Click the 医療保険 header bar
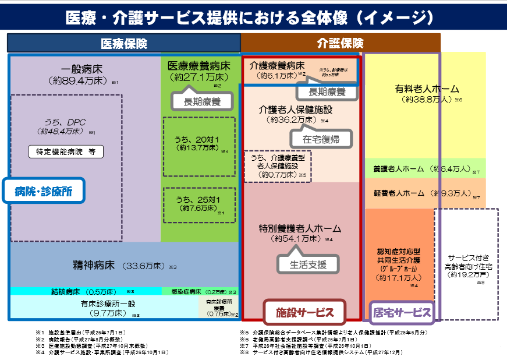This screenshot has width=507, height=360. tap(123, 43)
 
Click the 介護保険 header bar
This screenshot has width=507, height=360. tap(340, 43)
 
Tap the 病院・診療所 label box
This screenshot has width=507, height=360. tap(44, 190)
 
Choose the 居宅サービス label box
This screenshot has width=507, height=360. tap(402, 312)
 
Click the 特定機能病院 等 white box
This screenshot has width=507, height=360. tap(66, 152)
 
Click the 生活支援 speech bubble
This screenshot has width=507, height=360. tap(308, 264)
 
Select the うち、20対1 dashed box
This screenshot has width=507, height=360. tap(199, 143)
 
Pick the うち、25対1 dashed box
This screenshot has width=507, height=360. tap(199, 204)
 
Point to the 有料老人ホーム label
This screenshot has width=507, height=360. tap(427, 90)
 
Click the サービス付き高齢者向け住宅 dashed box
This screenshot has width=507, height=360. tap(466, 265)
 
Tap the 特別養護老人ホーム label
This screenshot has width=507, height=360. tap(300, 228)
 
